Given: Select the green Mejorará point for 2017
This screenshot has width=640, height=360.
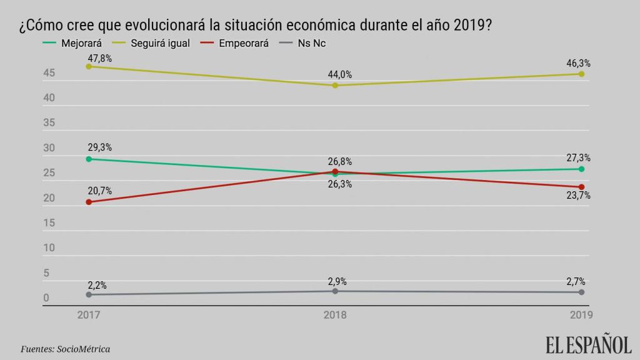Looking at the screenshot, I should coord(89,159).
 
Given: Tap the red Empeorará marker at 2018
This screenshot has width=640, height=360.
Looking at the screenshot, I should coord(335,171).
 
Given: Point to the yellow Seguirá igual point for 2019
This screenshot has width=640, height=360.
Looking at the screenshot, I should coord(581,74).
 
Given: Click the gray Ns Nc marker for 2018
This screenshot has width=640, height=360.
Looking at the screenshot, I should coord(335,291).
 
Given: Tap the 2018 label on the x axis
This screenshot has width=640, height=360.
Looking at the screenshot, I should coord(335,315).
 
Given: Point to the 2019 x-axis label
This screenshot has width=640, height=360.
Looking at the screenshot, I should coord(580,315).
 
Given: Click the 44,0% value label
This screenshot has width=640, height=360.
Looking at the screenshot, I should coord(340,75).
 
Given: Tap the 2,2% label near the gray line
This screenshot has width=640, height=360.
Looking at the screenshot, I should coord(97,286).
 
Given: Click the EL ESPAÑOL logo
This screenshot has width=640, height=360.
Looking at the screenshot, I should coord(589,344).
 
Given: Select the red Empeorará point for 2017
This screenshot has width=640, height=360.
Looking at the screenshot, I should coord(89,202).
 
